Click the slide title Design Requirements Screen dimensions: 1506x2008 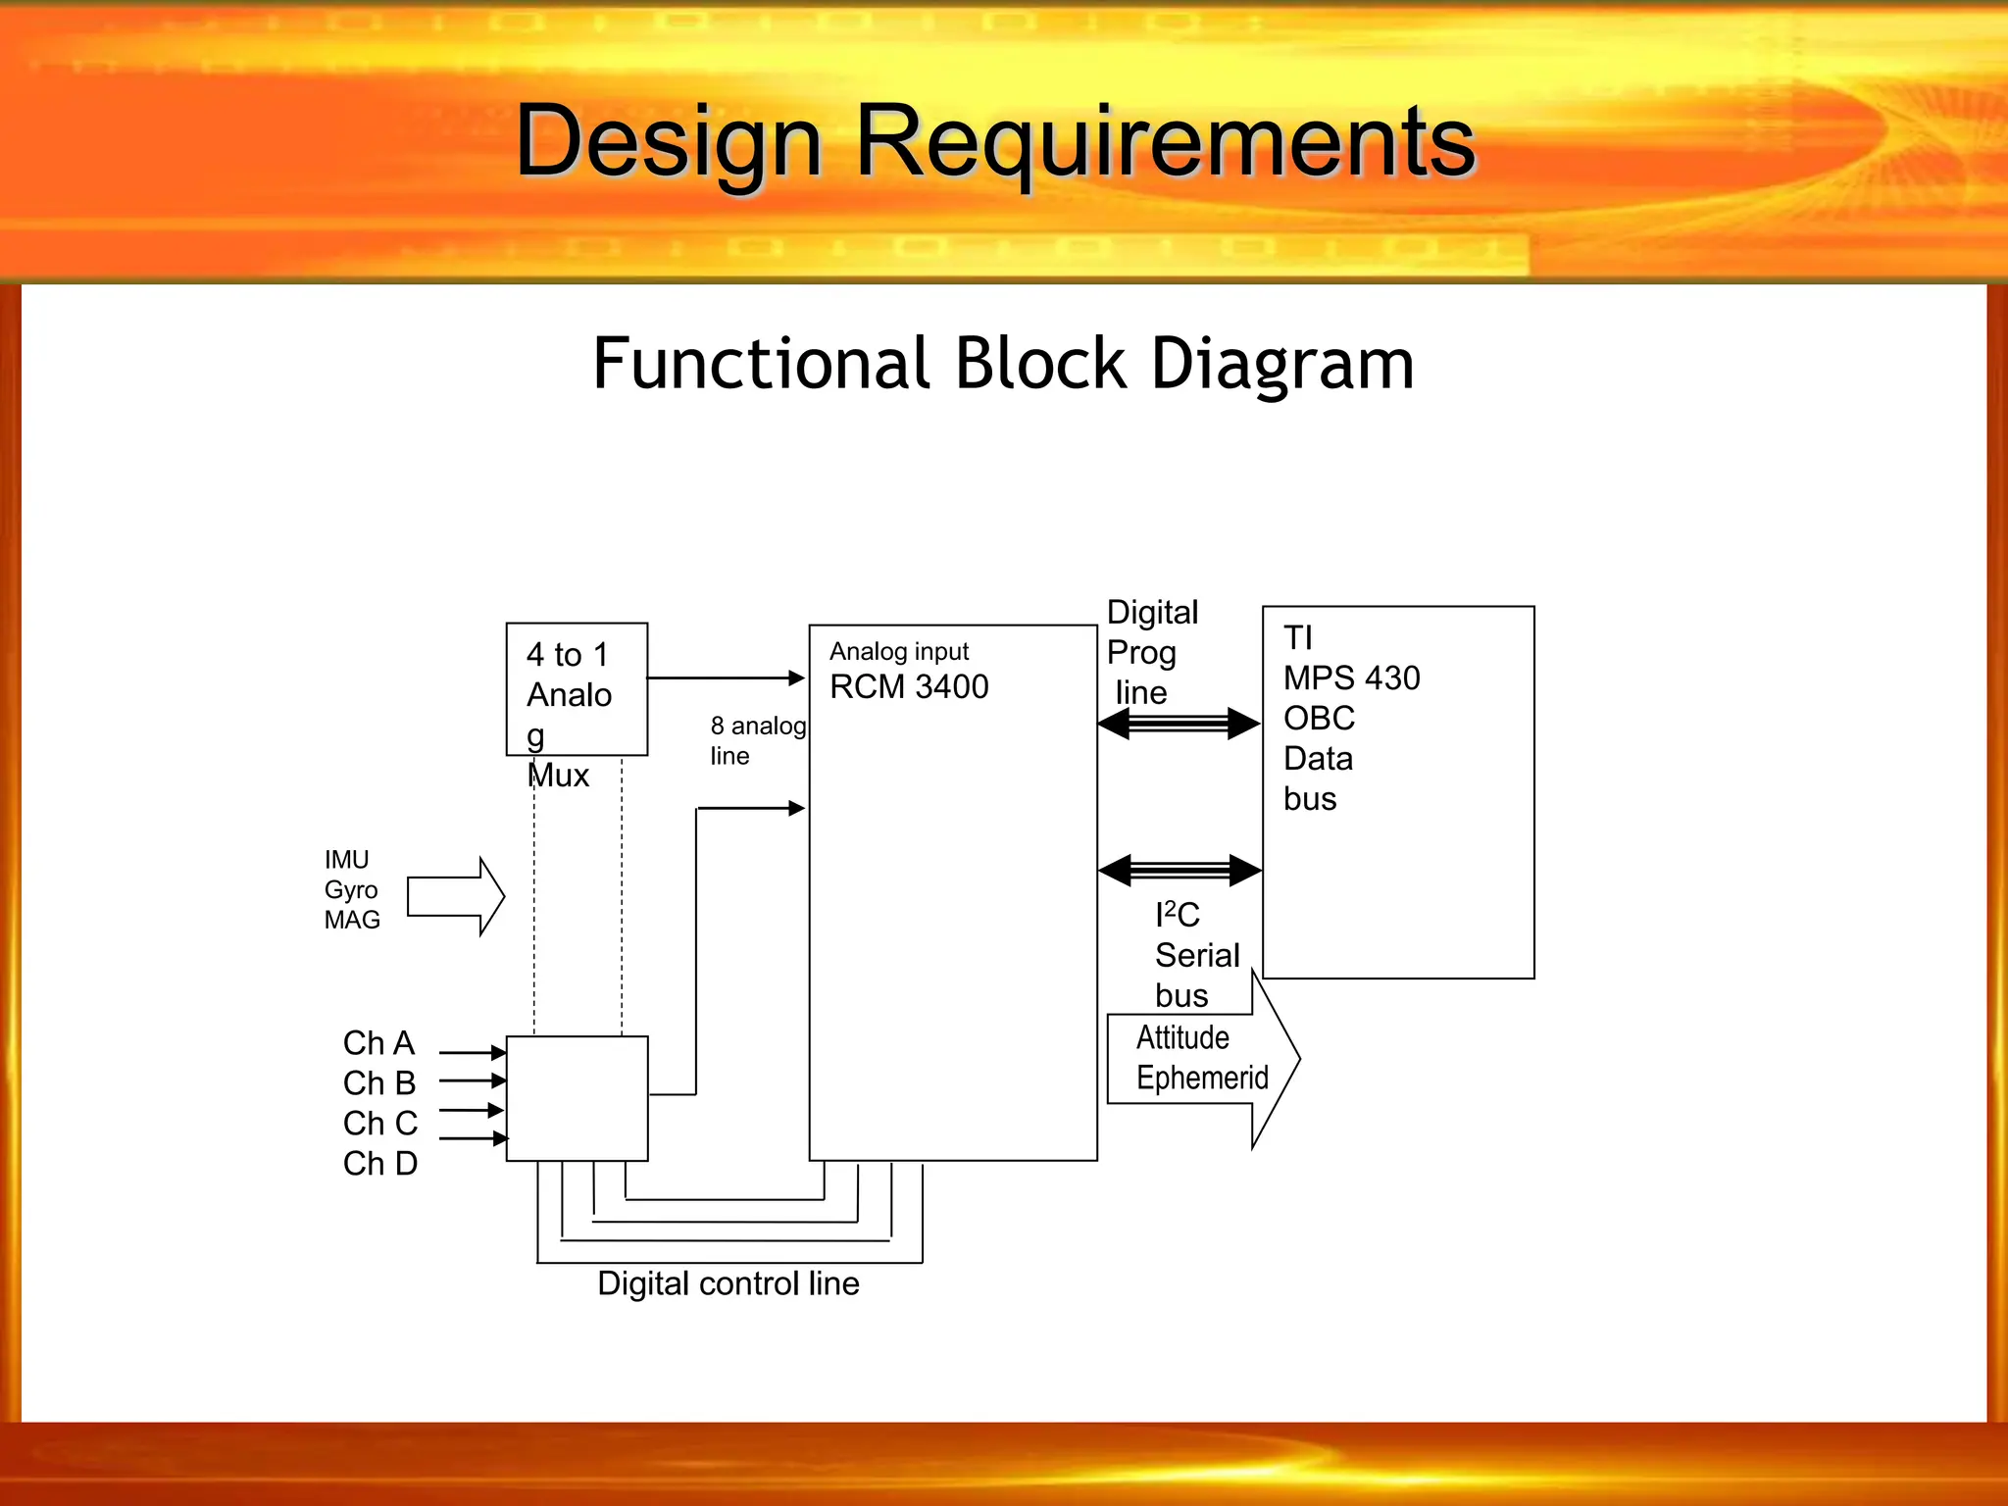tap(994, 142)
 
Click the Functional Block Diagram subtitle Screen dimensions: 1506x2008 tap(1003, 364)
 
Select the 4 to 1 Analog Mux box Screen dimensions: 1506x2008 tap(577, 689)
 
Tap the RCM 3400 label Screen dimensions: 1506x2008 tap(908, 686)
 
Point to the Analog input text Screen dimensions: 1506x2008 tap(898, 651)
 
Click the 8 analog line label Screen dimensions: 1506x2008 tap(757, 740)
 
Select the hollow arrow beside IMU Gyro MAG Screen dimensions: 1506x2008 tap(455, 896)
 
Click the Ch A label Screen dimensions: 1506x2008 tap(378, 1042)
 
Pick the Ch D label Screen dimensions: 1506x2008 tap(379, 1163)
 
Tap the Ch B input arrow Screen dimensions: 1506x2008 tap(472, 1080)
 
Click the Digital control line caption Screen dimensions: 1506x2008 tap(728, 1283)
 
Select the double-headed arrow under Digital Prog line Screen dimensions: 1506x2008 tap(1179, 724)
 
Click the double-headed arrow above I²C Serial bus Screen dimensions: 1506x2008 tap(1180, 869)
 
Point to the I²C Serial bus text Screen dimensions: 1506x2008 tap(1195, 955)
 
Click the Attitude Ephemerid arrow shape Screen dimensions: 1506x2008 tap(1202, 1059)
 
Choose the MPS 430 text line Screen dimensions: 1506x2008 tap(1351, 678)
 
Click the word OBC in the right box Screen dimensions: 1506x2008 tap(1319, 718)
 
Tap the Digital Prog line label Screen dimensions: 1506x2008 tap(1151, 652)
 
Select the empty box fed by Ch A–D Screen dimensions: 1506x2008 tap(577, 1098)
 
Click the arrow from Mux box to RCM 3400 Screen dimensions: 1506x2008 tap(726, 678)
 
